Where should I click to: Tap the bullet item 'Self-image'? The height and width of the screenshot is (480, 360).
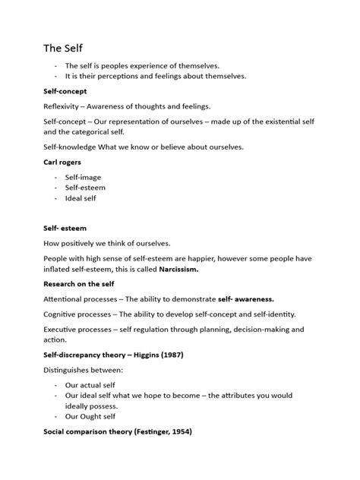click(82, 177)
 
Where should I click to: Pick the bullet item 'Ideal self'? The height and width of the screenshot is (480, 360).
click(80, 198)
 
